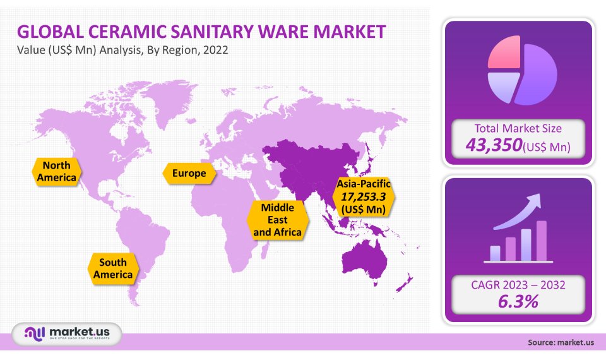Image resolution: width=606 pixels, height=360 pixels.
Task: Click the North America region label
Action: coord(56,171)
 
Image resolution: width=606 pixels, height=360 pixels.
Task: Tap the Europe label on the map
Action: coord(189,173)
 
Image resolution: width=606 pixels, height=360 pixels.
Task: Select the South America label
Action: coord(113,268)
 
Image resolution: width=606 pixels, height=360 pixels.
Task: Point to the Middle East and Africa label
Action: coord(278,220)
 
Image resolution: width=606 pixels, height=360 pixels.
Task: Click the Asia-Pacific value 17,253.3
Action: coord(364,196)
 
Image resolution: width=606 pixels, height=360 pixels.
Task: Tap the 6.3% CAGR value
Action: coord(518,301)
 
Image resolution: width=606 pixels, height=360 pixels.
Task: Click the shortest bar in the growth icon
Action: coord(495,253)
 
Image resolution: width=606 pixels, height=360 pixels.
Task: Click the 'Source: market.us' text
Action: coord(561,343)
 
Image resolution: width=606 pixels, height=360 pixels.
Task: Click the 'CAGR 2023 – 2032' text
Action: coord(518,285)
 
